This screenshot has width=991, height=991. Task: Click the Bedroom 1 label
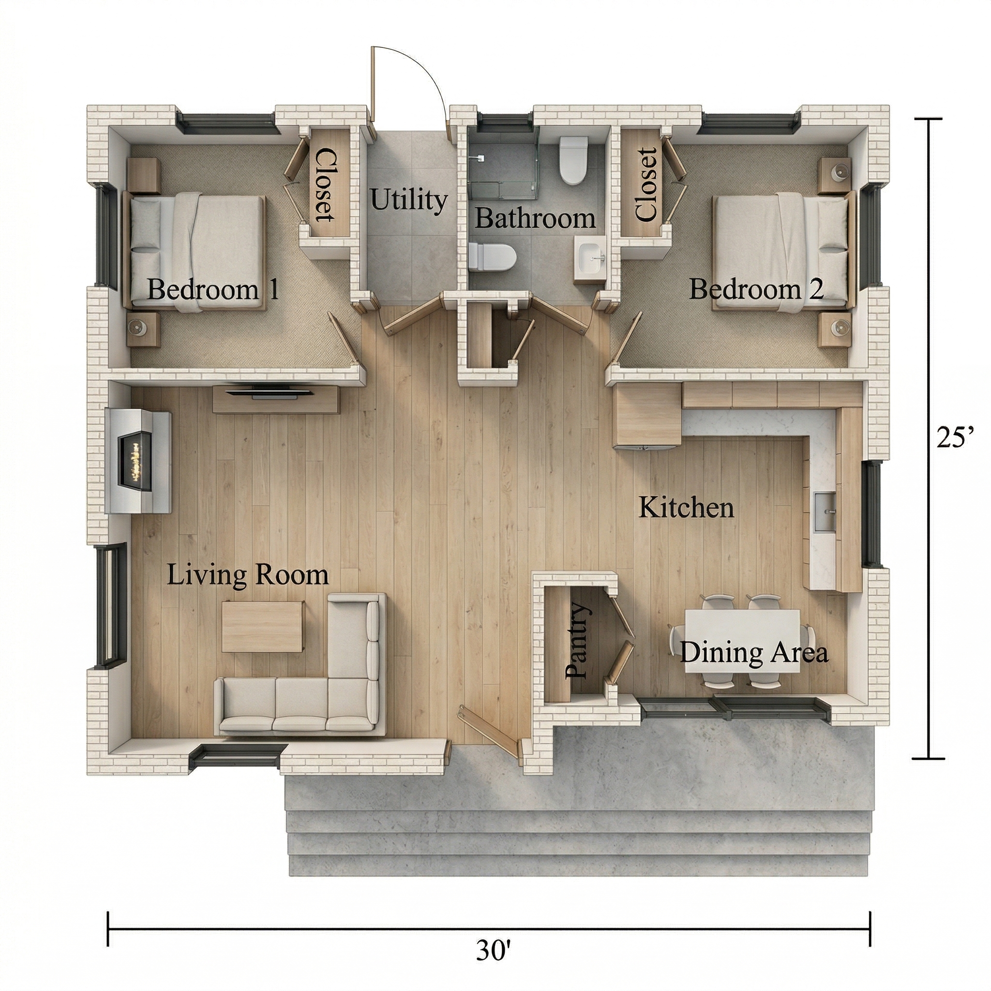pos(213,290)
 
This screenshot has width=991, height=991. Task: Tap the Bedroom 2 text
pos(756,289)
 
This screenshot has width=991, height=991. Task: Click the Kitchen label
pos(686,508)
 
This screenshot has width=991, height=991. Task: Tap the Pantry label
pos(578,641)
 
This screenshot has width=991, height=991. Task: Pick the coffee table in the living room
pos(263,627)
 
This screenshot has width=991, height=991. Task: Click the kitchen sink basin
pos(826,511)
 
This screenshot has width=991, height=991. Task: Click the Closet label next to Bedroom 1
pos(325,185)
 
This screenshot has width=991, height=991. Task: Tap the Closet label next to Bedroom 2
pos(646,185)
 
